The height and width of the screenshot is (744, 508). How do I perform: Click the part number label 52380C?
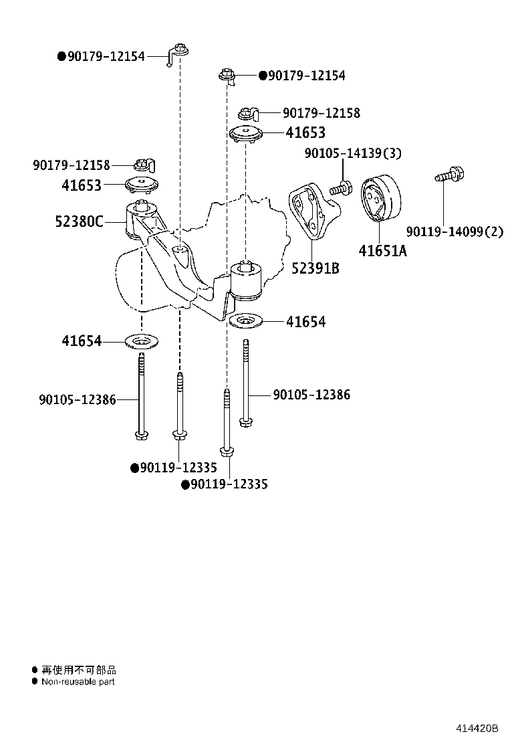[79, 220]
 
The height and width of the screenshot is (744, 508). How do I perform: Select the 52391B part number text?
[315, 268]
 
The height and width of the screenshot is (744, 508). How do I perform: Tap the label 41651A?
[382, 251]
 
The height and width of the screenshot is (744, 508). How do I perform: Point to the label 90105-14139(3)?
[353, 153]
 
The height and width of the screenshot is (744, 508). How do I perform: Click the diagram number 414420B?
[477, 728]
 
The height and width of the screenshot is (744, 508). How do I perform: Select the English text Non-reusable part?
[78, 682]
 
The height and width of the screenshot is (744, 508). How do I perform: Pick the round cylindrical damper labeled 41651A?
[380, 199]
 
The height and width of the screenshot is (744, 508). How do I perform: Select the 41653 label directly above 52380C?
[82, 185]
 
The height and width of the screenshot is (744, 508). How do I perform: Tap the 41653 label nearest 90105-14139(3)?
[305, 132]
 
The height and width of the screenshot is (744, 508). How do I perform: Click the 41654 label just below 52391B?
[306, 322]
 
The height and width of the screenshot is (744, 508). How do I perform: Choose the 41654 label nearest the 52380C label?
[82, 341]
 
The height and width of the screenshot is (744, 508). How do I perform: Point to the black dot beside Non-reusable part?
[35, 681]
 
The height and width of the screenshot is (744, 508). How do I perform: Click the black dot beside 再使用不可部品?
[35, 669]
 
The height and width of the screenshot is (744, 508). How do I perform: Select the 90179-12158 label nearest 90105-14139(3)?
[321, 113]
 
